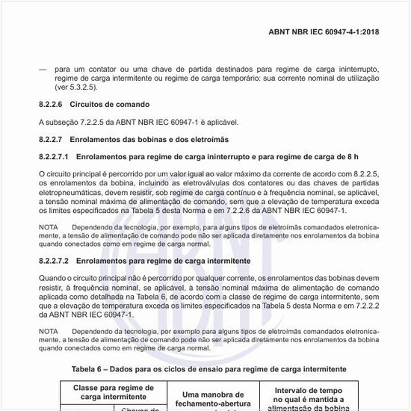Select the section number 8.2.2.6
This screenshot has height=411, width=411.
52,104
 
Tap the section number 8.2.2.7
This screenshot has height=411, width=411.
52,139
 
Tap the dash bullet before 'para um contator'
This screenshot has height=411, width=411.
42,69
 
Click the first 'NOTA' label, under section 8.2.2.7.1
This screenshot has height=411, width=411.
48,226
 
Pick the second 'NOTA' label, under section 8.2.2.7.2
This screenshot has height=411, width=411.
48,330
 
